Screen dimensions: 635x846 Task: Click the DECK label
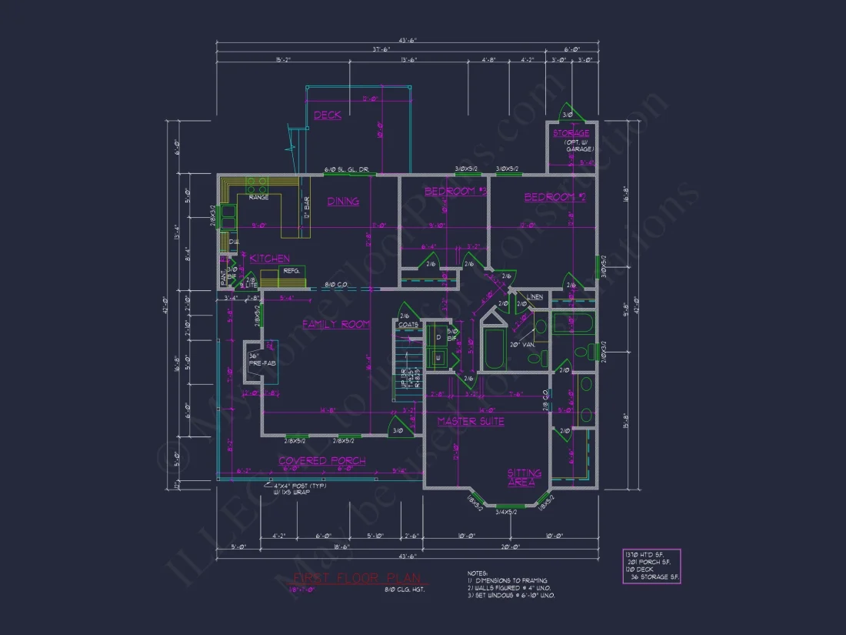tap(328, 115)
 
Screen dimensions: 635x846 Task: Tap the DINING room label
tap(343, 202)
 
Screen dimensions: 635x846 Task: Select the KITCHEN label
tap(269, 259)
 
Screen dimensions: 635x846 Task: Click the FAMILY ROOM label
tap(336, 324)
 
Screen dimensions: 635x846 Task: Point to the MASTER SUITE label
tap(471, 421)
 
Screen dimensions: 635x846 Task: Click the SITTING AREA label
tap(523, 477)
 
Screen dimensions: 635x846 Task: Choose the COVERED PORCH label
tap(321, 460)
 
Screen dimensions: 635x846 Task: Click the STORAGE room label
tap(571, 133)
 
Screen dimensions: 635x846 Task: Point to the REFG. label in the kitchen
tap(291, 271)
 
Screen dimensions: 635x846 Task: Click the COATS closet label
tap(408, 325)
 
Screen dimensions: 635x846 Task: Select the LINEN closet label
tap(535, 296)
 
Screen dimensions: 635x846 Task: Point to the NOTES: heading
tap(477, 573)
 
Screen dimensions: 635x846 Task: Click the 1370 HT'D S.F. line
tap(644, 554)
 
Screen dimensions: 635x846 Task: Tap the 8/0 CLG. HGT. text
tap(405, 590)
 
